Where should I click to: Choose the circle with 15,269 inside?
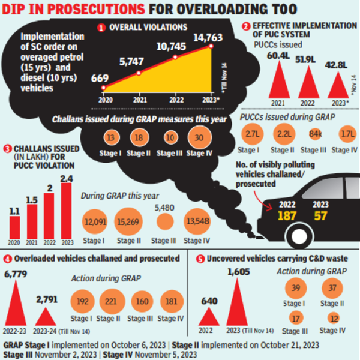tap(129, 222)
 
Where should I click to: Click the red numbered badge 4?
tap(8, 259)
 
